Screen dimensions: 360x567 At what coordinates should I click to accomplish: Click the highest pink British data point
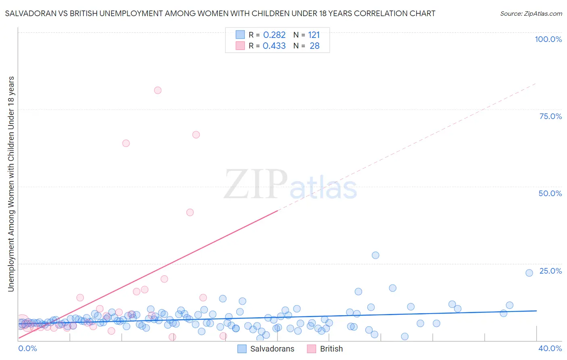click(158, 90)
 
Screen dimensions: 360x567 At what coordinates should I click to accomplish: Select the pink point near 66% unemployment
click(196, 135)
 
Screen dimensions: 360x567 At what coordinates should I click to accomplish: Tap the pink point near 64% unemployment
click(126, 143)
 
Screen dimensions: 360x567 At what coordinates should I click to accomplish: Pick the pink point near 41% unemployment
click(190, 212)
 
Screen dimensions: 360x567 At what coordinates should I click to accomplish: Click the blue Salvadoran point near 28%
click(375, 255)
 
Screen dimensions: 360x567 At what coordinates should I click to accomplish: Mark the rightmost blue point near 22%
click(529, 273)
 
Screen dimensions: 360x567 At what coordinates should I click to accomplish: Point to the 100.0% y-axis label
click(548, 39)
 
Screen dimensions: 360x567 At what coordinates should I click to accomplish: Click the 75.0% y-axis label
click(550, 116)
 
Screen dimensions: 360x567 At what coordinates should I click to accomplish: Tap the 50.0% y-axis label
click(550, 193)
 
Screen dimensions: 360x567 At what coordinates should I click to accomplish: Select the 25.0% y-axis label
click(550, 271)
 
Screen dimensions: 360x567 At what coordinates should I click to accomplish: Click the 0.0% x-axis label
click(27, 348)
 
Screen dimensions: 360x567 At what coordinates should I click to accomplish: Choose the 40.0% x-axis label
click(550, 348)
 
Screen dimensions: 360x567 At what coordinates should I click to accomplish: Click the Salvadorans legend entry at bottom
click(272, 349)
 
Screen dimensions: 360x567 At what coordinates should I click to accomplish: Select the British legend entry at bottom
click(331, 349)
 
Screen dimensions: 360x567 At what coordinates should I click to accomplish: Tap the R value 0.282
click(274, 35)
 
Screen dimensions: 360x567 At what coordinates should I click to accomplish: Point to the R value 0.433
click(274, 46)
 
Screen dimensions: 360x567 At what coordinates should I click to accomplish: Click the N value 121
click(314, 35)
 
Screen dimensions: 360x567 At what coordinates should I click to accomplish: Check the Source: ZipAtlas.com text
click(531, 13)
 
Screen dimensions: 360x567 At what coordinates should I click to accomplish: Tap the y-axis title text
click(11, 184)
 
